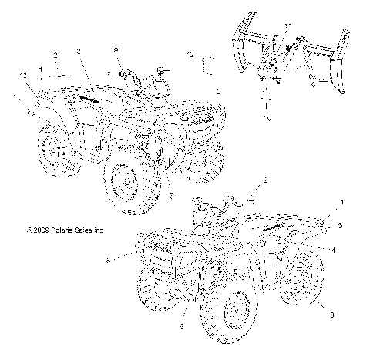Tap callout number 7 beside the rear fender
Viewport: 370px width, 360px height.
click(x=14, y=95)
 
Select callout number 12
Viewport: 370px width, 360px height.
click(x=190, y=54)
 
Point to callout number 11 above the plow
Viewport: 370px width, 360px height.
click(x=286, y=25)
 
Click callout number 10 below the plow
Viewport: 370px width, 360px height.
click(x=268, y=118)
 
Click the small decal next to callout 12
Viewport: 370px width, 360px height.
click(x=207, y=59)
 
